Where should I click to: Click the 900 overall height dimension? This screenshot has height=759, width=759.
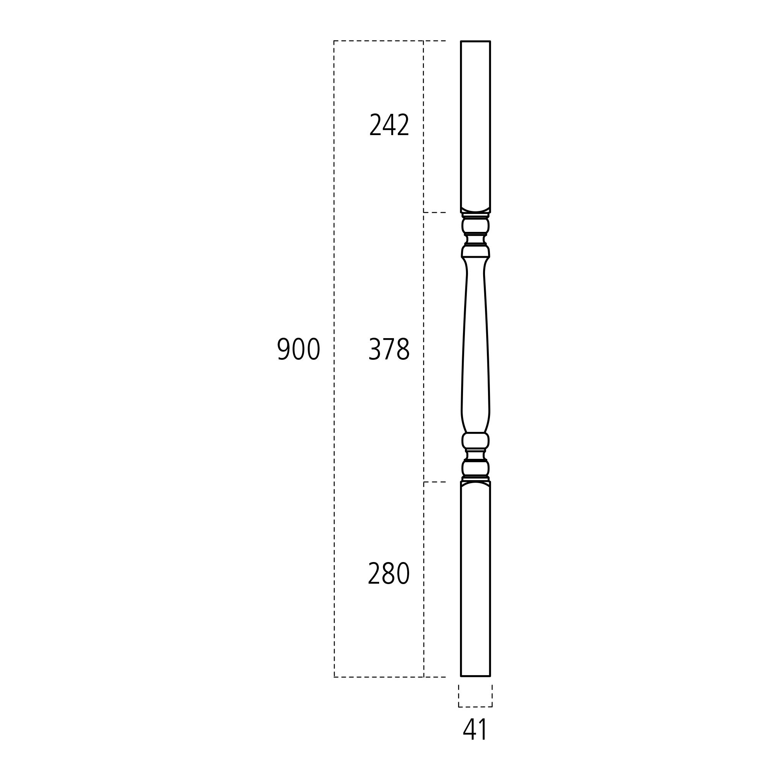pos(299,349)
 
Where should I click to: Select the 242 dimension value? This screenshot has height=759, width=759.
pos(389,125)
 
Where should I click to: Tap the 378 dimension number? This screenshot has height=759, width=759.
pos(389,349)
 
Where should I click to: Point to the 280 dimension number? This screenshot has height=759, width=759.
pos(389,573)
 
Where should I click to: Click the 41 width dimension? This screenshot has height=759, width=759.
pos(475,729)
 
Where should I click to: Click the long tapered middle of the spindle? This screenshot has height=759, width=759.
pos(476,346)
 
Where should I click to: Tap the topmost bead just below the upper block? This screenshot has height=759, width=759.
pos(476,225)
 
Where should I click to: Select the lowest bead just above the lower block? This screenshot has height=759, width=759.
pos(476,468)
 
